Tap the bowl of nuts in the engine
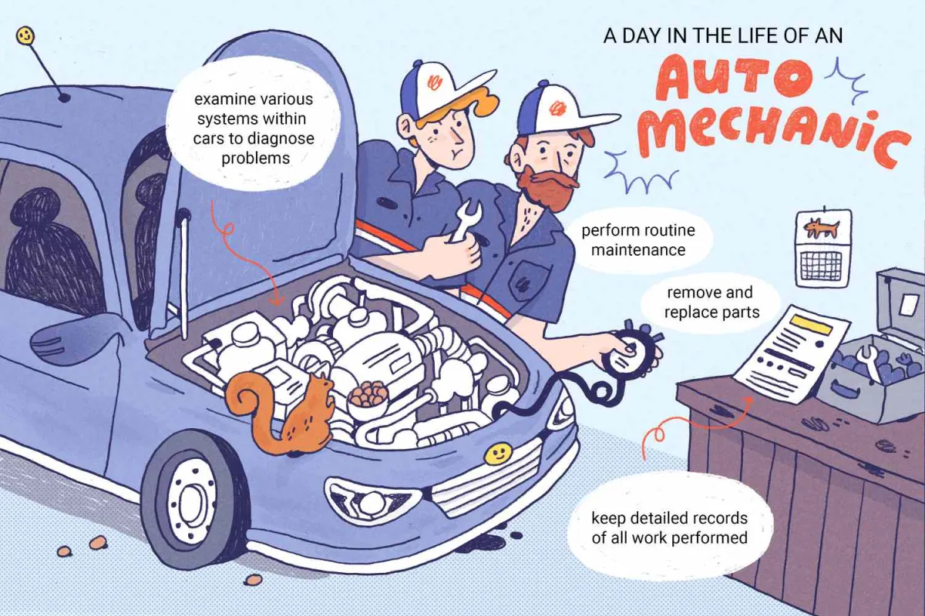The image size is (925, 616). click(367, 397)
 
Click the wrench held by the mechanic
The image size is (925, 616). click(464, 222)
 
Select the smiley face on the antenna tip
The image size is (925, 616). click(25, 36)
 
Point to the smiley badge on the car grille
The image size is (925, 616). click(496, 454)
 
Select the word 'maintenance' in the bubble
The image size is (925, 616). click(638, 249)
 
